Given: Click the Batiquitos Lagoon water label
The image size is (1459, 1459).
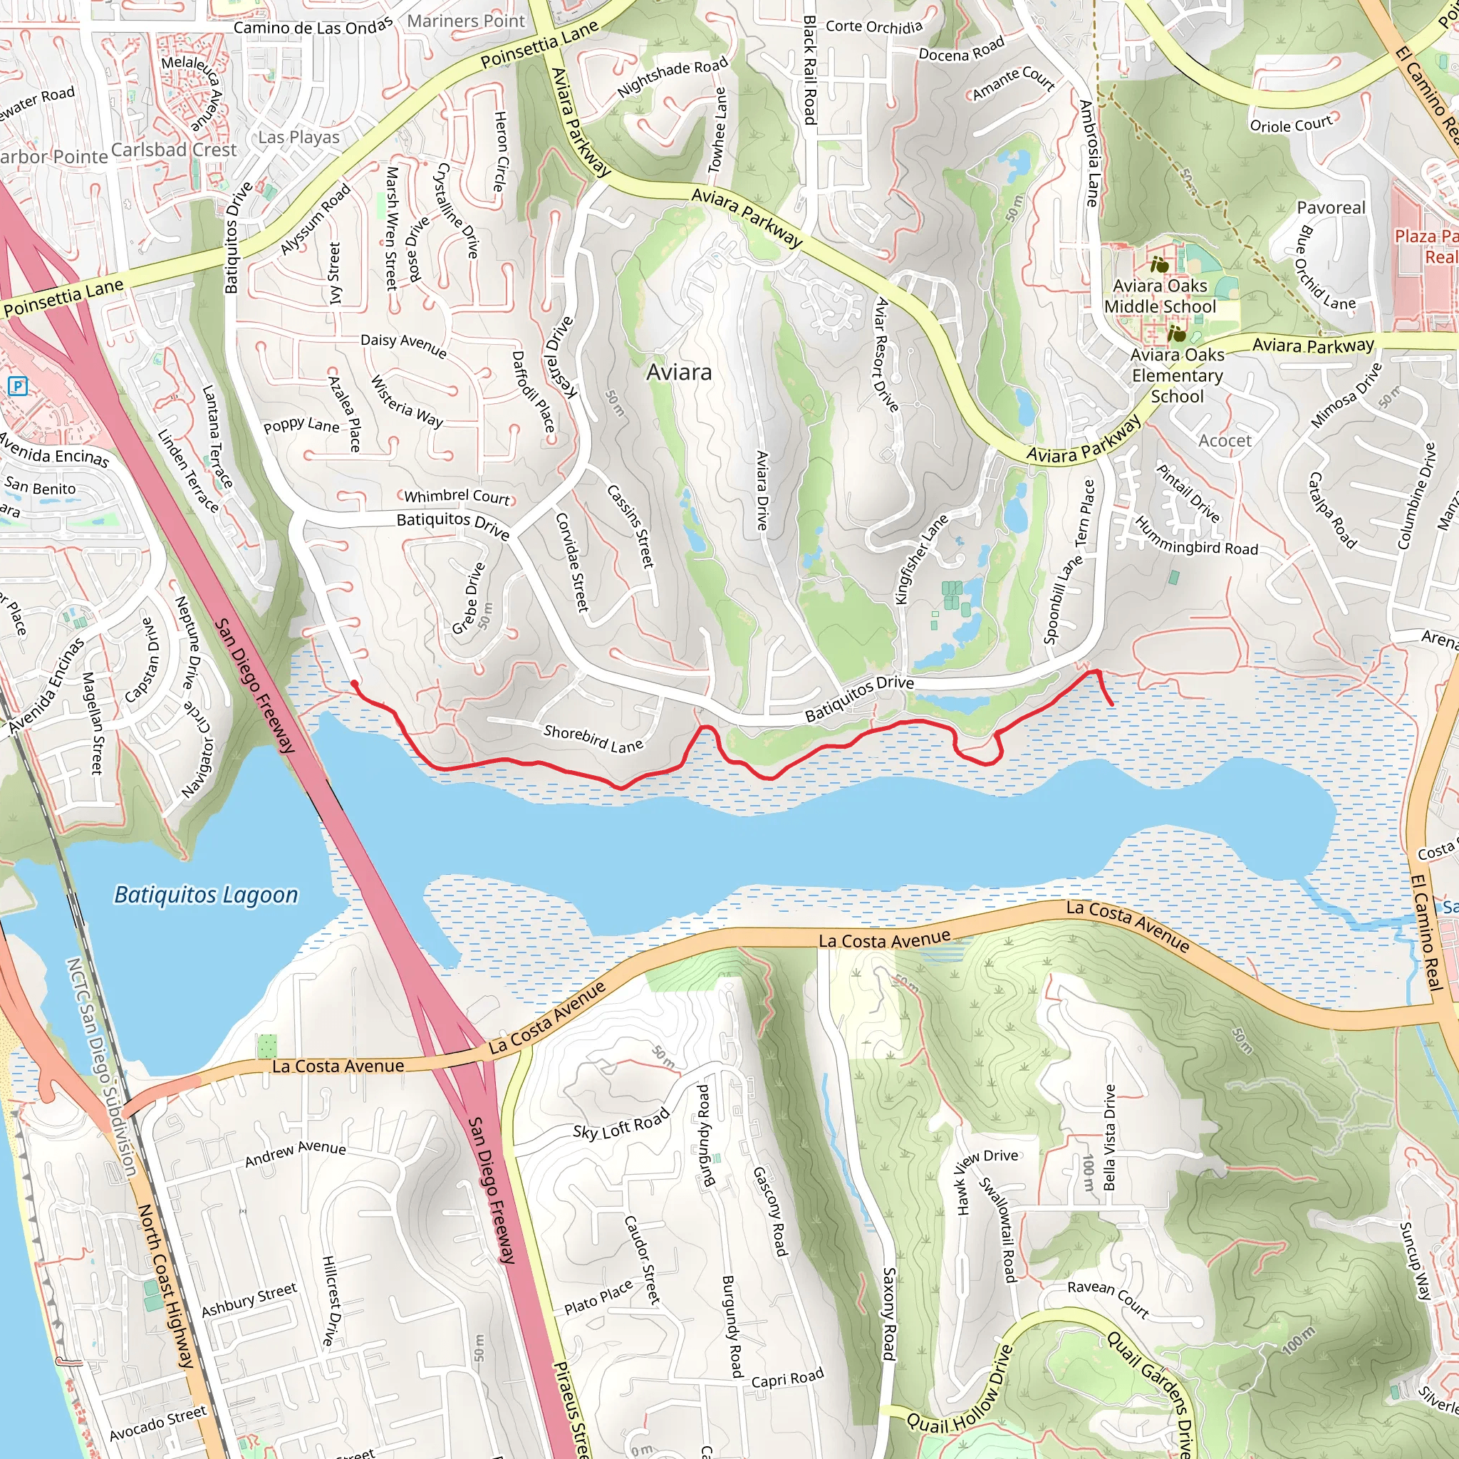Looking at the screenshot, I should tap(205, 895).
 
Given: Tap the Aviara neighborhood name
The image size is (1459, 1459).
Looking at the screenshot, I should tap(679, 373).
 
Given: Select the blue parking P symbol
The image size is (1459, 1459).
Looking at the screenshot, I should tap(17, 388).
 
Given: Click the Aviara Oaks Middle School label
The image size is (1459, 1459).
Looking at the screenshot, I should tap(1160, 296).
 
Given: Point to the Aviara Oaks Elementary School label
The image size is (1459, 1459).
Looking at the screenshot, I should tap(1177, 375).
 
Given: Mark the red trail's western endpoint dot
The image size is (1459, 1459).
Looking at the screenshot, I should tap(353, 683).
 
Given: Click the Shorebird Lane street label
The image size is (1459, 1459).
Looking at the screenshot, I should tap(593, 739).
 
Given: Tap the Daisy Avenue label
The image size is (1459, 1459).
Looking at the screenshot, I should tap(403, 345).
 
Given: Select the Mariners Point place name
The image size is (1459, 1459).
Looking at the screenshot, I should tap(465, 21).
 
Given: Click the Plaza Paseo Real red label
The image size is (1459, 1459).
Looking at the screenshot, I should tap(1426, 246).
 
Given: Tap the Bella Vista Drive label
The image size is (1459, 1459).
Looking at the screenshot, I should tap(1109, 1137).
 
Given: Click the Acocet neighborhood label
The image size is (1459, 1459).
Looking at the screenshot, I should tap(1224, 440).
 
